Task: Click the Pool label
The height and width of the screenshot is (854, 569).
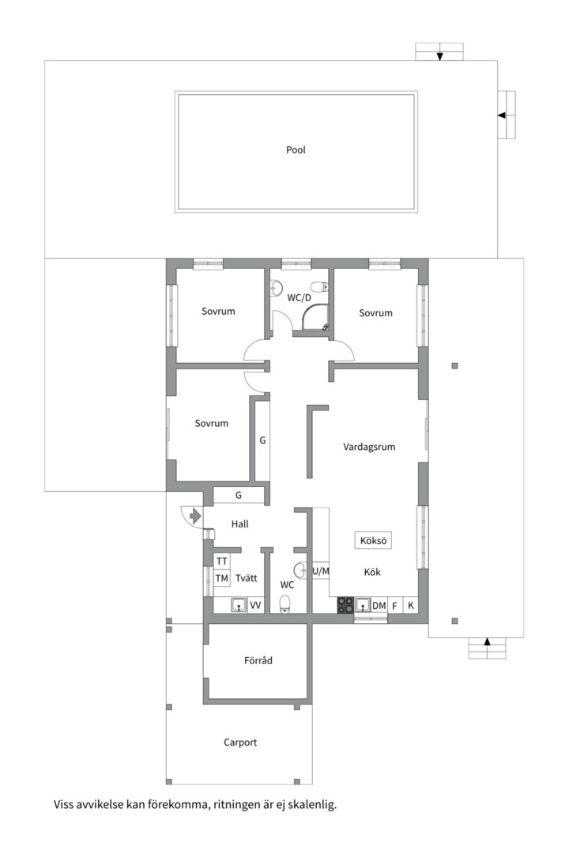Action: click(x=296, y=149)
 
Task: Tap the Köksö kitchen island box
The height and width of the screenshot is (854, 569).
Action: click(x=373, y=540)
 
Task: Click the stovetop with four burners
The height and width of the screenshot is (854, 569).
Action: click(x=345, y=606)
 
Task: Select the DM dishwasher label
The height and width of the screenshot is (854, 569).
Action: click(x=379, y=606)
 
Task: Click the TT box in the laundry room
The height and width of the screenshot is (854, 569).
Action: click(x=221, y=561)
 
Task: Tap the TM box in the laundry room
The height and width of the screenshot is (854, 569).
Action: click(x=221, y=578)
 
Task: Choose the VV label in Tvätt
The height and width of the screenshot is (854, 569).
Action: click(x=255, y=606)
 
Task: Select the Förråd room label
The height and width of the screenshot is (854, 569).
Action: click(x=258, y=660)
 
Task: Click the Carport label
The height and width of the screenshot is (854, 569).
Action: click(x=240, y=743)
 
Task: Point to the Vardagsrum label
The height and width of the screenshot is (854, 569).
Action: click(x=369, y=447)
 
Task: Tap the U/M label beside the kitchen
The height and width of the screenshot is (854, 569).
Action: click(x=321, y=572)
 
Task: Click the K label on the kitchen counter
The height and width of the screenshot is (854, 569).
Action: click(x=411, y=606)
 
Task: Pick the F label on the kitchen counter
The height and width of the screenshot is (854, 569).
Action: click(x=395, y=606)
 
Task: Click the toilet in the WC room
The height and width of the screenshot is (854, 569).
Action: click(x=284, y=604)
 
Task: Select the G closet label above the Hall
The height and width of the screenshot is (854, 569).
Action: click(x=239, y=496)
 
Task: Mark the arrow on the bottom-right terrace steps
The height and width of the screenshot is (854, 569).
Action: click(x=488, y=641)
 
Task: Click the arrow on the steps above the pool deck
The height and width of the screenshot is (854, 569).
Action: click(x=439, y=56)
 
